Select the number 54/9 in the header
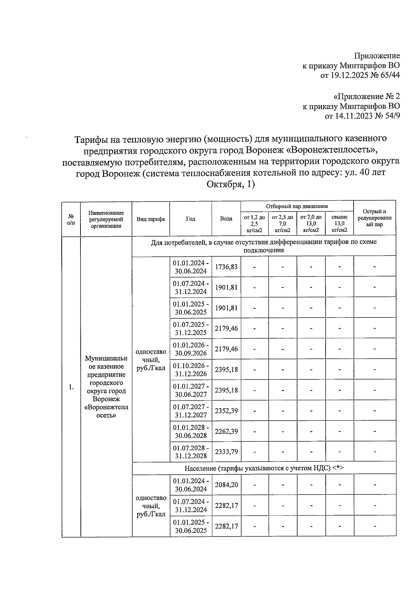pos(390,116)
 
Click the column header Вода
pos(226,219)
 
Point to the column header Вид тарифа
pos(151,219)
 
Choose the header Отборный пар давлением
pos(297,206)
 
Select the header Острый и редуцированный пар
pos(374,218)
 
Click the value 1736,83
pos(226,267)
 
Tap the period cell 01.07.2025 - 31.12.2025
pos(191,328)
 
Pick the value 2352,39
pos(226,411)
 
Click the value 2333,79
pos(226,452)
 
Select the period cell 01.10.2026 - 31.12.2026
pos(191,369)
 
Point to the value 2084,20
pos(226,485)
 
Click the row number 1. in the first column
pos(71,387)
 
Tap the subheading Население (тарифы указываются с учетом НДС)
pos(264,468)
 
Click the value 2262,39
pos(226,431)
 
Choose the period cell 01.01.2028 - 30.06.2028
pos(191,431)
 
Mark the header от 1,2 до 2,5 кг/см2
pos(254,223)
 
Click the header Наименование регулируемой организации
pos(106,219)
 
